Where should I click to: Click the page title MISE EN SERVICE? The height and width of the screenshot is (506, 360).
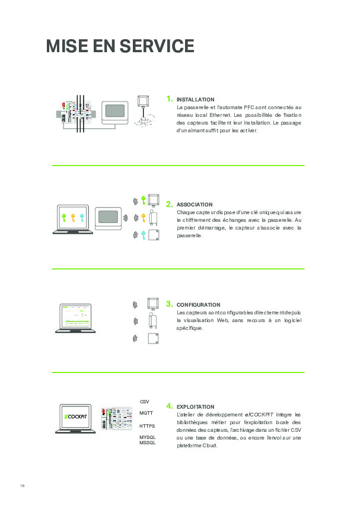coord(120,46)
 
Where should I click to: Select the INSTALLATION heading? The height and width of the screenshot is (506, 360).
coord(196,100)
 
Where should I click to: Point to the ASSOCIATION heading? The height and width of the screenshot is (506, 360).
coord(195,205)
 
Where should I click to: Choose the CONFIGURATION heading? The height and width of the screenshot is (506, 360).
coord(198,305)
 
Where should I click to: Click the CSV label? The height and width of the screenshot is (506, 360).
coord(144,402)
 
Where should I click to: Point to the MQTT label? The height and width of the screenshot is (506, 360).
coord(146,413)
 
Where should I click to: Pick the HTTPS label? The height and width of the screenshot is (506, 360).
coord(147,426)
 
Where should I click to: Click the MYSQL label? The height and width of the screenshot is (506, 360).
coord(147,437)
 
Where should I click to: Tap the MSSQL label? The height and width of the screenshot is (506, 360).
coord(147,443)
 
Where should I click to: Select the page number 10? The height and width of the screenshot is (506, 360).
coord(22,486)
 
